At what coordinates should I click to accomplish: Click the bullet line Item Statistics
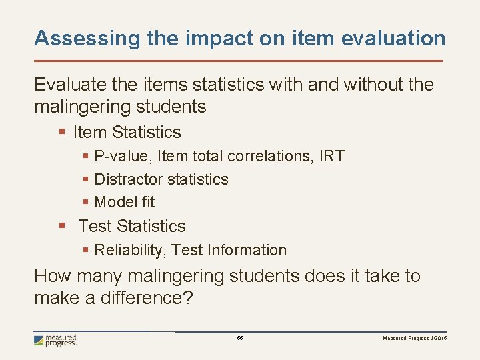[127, 132]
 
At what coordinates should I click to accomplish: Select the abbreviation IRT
[332, 157]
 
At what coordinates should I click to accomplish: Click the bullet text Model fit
[125, 201]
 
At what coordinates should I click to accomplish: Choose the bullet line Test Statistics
[131, 226]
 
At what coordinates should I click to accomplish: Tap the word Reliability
[130, 250]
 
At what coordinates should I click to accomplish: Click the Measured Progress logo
[56, 341]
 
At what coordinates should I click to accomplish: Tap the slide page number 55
[240, 339]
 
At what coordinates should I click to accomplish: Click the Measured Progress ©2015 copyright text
[414, 339]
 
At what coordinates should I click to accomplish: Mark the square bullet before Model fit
[86, 202]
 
